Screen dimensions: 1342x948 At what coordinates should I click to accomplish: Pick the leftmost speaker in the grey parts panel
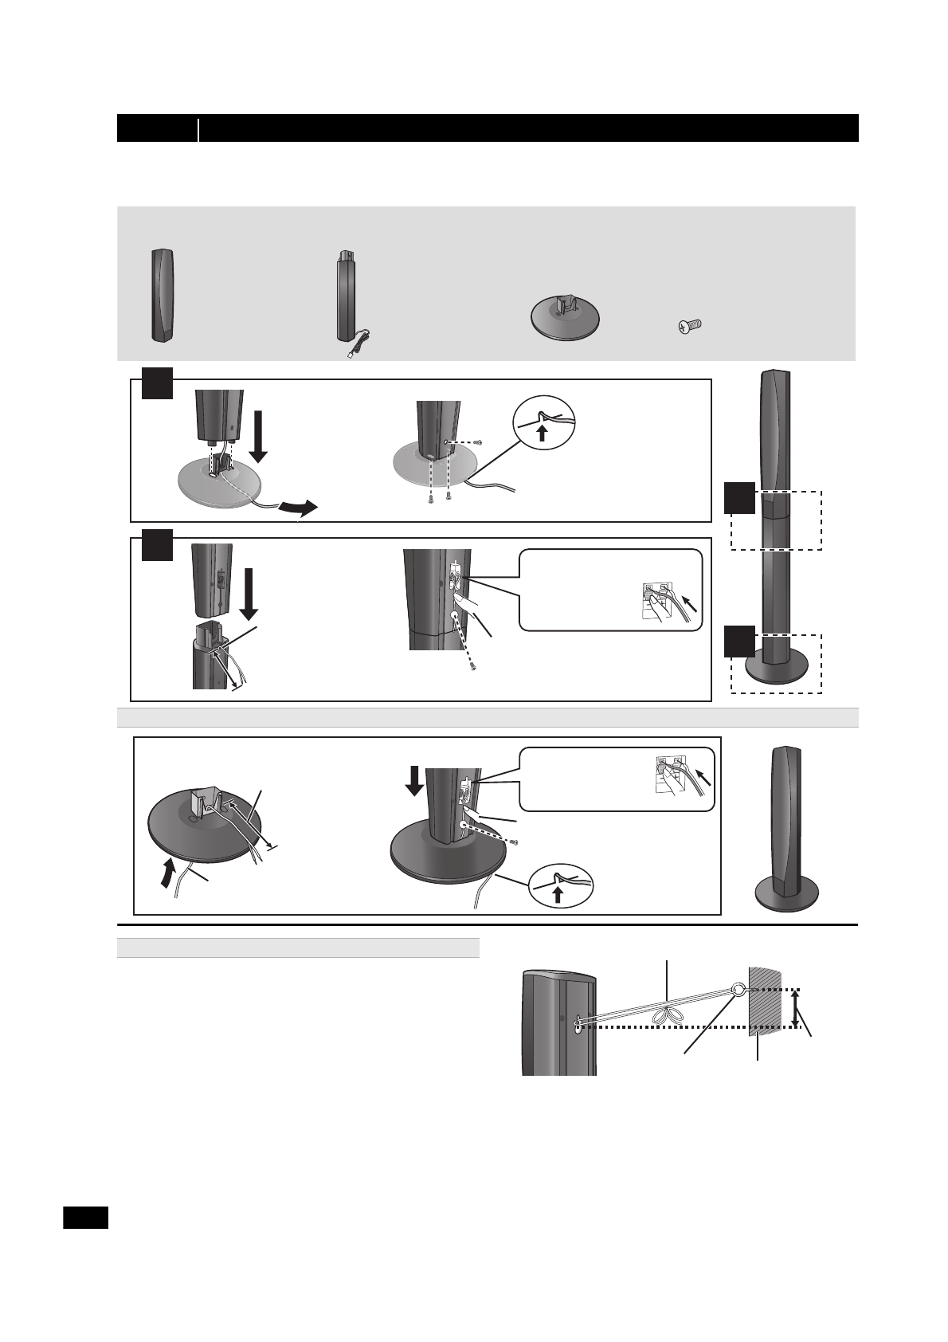tap(162, 295)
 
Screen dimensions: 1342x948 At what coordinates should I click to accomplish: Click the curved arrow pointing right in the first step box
tap(300, 508)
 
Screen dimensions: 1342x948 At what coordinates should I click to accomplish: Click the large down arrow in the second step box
tap(248, 594)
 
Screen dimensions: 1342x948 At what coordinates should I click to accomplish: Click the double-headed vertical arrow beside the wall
tap(795, 1008)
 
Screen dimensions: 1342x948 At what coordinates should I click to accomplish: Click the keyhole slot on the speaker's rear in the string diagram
tap(575, 1024)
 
